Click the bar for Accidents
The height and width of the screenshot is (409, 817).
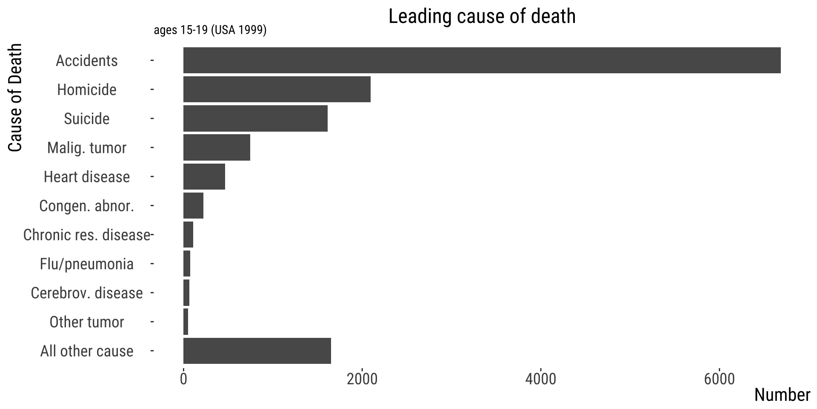point(482,60)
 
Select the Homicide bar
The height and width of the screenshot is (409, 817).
point(277,89)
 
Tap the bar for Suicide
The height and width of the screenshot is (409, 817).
point(255,118)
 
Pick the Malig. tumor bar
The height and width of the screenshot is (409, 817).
point(217,147)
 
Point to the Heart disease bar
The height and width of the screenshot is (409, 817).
point(204,176)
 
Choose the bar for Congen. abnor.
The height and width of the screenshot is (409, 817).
point(193,205)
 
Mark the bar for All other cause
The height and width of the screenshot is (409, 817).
point(257,351)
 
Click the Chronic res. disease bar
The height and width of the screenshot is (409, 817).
point(188,234)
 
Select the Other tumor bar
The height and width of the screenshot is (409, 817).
point(186,322)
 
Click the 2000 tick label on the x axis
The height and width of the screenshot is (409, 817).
point(362,379)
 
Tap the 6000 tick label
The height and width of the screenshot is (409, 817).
point(719,379)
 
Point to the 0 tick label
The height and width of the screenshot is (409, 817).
point(183,379)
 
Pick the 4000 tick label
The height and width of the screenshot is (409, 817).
point(540,379)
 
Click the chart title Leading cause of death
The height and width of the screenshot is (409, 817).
point(482,16)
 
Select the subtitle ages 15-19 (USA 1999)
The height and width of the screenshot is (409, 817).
point(210,30)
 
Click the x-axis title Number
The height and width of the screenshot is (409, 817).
point(782,395)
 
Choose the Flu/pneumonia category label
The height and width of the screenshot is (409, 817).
point(87,264)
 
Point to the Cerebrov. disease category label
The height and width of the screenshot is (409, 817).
point(87,293)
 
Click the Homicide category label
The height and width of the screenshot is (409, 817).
point(87,90)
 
